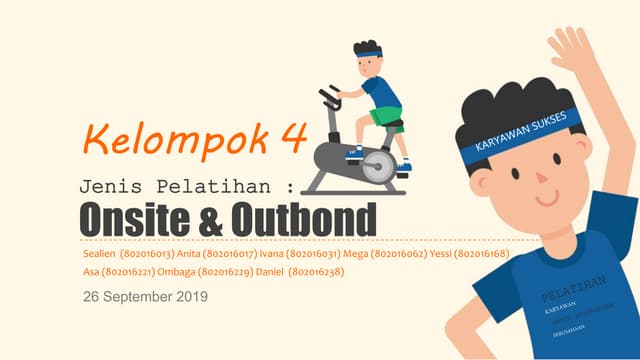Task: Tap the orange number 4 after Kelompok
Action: point(292,137)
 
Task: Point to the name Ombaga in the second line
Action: point(176,272)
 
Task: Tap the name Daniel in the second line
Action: point(270,272)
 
